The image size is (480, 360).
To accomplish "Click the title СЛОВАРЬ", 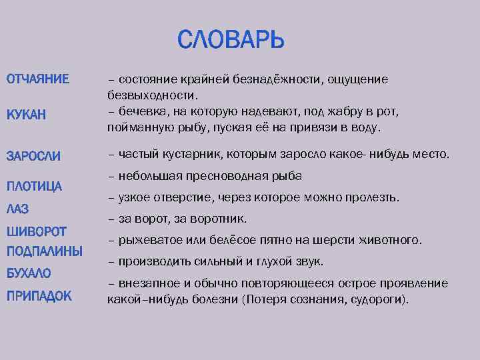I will [231, 40].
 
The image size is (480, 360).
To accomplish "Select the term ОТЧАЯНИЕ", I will [38, 80].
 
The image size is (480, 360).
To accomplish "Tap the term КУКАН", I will [27, 115].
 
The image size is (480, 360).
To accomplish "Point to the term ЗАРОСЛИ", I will [34, 156].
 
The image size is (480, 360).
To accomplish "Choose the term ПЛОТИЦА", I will [35, 185].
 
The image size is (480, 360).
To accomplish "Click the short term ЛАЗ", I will [18, 209].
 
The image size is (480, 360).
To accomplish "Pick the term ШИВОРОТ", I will [37, 231].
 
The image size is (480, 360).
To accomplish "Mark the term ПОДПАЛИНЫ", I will [45, 251].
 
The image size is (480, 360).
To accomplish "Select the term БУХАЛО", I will [29, 273].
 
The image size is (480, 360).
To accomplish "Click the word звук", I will [310, 261].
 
